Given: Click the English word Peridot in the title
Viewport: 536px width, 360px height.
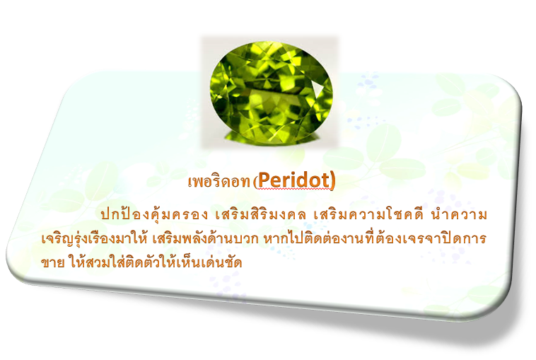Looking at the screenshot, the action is [293, 180].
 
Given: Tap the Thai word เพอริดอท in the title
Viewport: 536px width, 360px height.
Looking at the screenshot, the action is [219, 182].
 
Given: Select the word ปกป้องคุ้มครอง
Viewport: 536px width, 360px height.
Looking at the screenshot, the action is [154, 214].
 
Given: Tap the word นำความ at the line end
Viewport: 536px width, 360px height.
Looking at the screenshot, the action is [459, 215].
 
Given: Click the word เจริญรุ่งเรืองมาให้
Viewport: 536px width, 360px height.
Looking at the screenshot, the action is [94, 238].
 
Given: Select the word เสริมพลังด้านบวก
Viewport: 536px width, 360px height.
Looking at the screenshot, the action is [205, 238].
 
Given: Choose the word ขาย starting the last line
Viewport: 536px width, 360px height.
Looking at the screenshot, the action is [52, 263].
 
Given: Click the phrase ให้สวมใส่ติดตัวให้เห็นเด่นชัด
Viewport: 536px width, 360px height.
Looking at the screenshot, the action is [155, 262].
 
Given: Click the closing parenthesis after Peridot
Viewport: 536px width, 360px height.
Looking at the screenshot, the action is [332, 180].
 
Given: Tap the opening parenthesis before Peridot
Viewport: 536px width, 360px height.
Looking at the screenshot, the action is [255, 182].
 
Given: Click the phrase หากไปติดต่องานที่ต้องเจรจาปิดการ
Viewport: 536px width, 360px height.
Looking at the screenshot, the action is [375, 238].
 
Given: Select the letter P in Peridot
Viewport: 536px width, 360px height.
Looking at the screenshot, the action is [263, 180].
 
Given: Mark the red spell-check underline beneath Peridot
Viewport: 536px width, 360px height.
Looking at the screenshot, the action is [293, 189].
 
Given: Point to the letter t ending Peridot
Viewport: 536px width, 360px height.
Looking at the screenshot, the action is [325, 180].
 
